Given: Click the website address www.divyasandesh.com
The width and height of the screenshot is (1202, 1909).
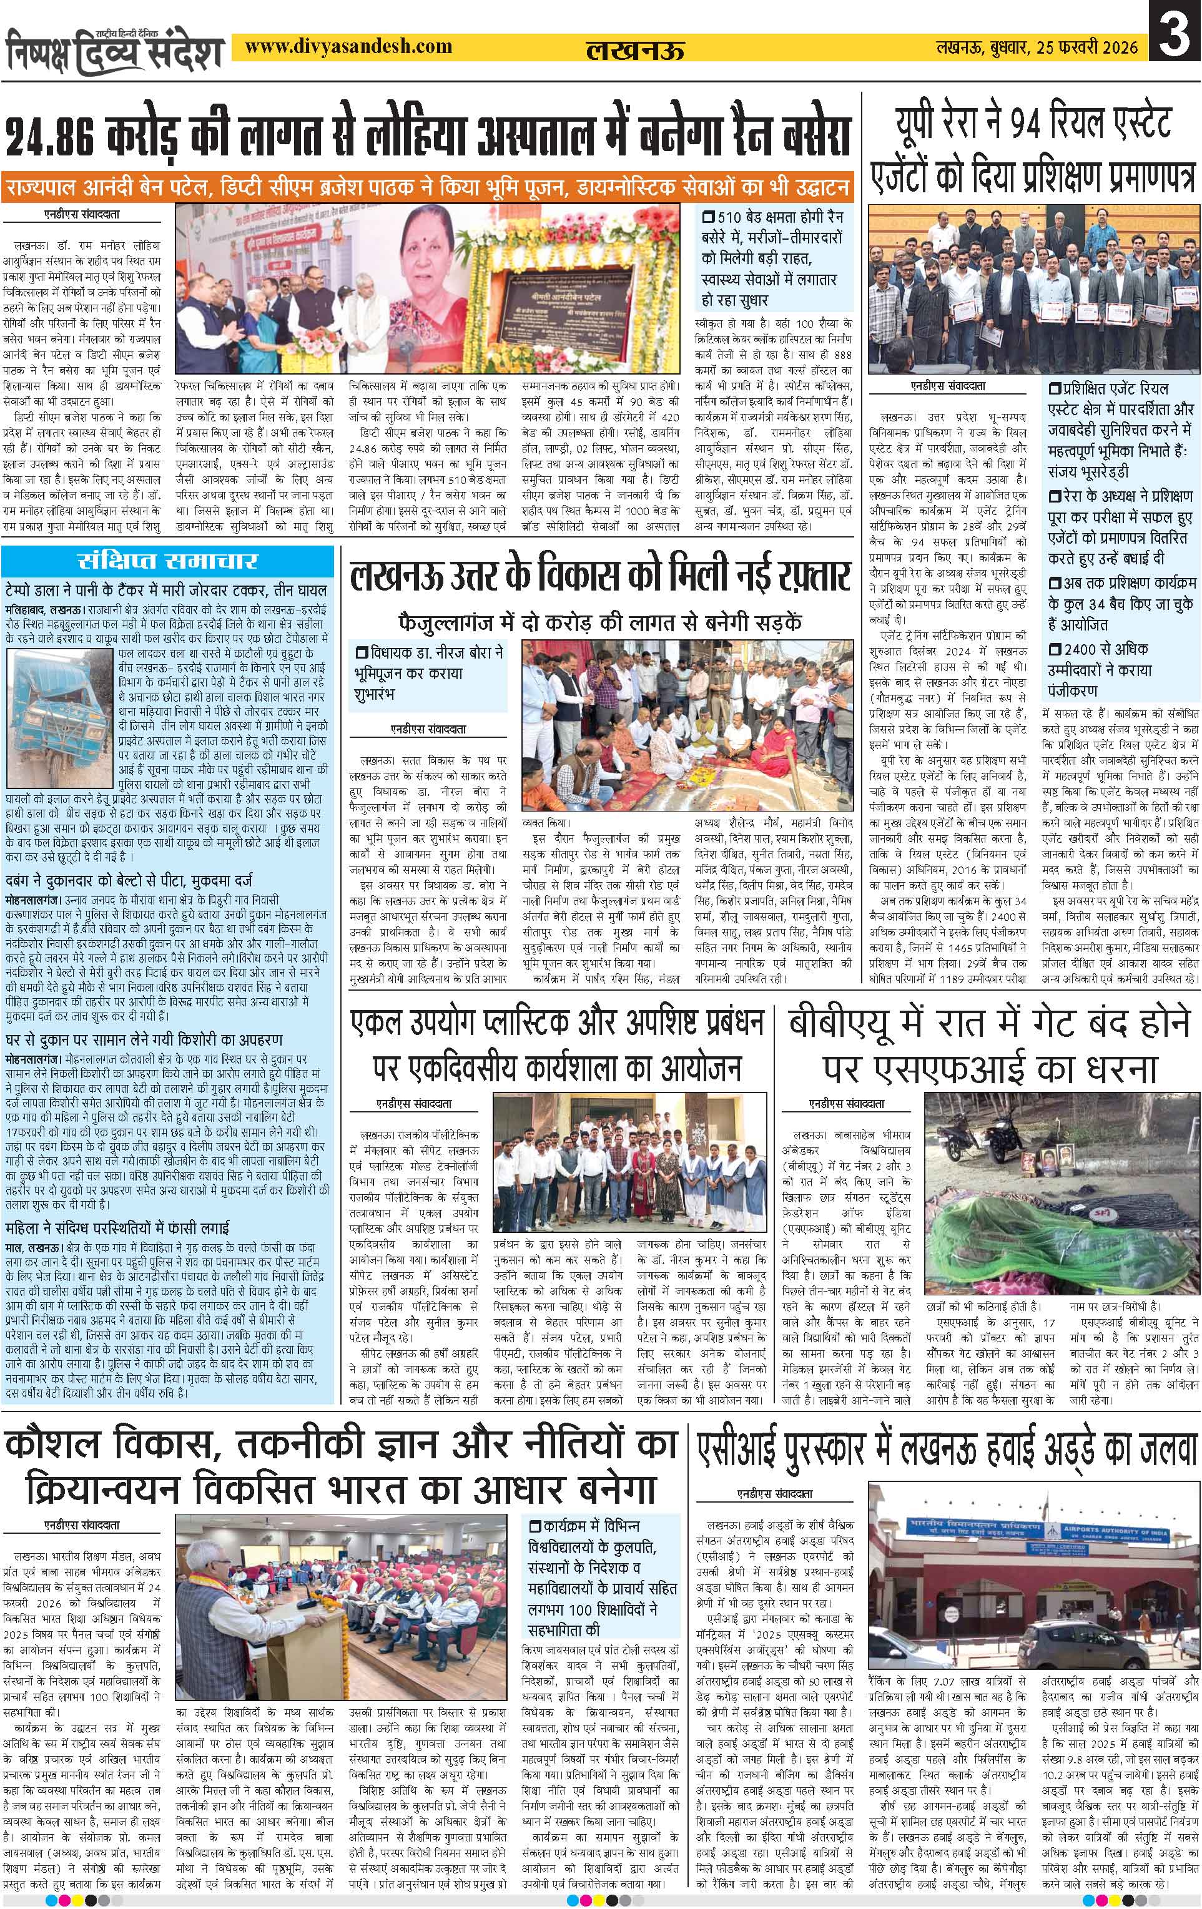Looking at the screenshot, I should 349,47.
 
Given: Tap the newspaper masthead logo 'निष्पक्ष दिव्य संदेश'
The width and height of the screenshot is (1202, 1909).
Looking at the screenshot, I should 115,51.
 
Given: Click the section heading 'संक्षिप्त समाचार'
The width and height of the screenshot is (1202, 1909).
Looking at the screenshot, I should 167,561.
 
